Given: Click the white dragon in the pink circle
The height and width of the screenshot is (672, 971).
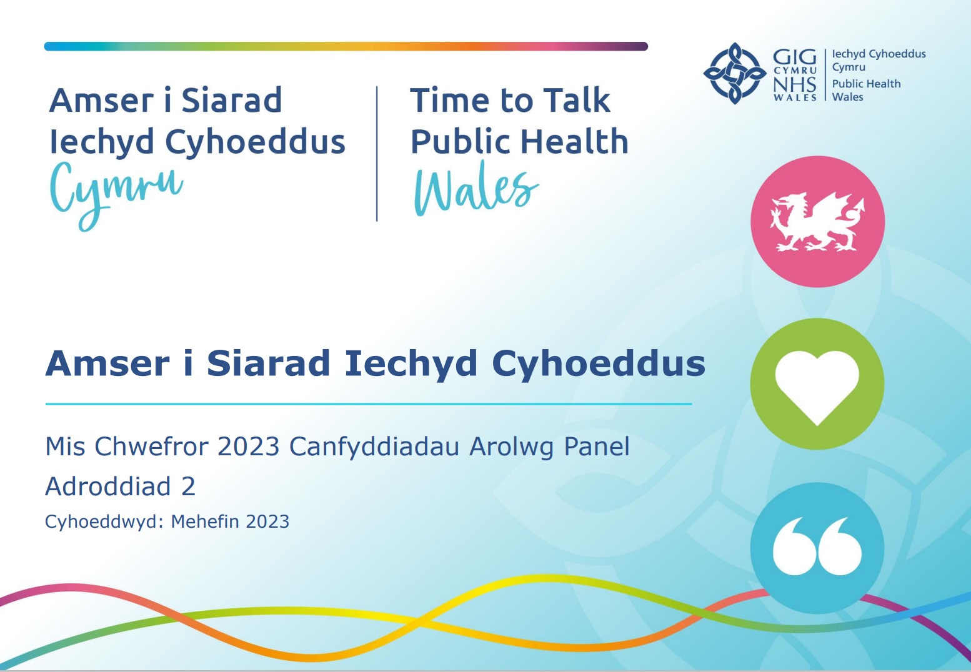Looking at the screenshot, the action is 817,222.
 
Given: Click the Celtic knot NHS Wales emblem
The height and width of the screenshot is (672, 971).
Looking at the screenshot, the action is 735,73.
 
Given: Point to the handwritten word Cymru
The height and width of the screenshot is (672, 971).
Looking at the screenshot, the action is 116,195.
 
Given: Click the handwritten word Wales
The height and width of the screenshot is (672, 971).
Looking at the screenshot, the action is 476,189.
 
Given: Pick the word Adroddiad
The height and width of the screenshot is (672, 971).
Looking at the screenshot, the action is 108,486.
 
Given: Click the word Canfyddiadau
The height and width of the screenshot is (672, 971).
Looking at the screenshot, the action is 374,448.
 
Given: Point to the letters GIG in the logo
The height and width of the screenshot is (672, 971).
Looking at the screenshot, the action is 795,57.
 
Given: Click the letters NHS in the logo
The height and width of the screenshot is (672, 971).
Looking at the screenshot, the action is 795,85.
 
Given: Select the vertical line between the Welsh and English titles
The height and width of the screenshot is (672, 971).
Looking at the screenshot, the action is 377,154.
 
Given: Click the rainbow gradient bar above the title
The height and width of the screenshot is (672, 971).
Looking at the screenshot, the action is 346,46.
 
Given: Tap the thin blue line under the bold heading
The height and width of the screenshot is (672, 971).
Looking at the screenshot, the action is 369,404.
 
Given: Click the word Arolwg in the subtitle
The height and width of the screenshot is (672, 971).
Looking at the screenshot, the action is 512,448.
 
